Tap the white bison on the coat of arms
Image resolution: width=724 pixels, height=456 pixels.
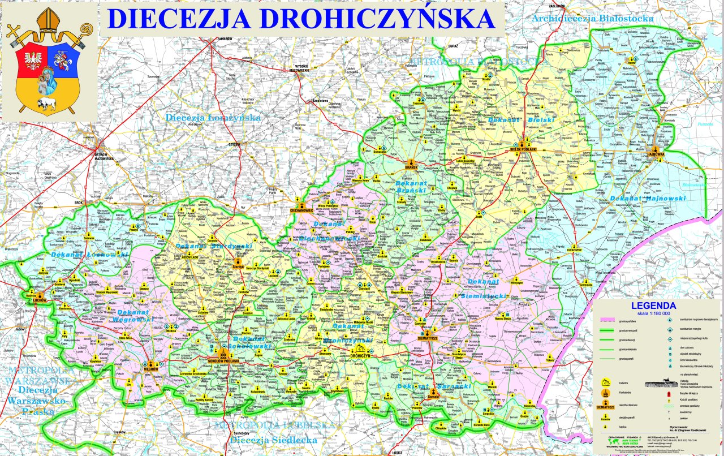(47, 103)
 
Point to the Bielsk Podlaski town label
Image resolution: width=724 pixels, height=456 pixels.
(523, 149)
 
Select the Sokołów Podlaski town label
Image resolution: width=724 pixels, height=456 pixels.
(218, 360)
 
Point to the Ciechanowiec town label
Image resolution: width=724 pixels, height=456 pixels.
(301, 210)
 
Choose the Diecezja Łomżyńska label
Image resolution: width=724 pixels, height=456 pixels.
(213, 118)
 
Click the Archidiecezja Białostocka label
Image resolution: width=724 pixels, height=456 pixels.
(592, 19)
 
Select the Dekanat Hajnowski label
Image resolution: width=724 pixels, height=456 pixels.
(648, 199)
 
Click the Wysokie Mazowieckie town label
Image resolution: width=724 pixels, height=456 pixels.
(299, 68)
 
